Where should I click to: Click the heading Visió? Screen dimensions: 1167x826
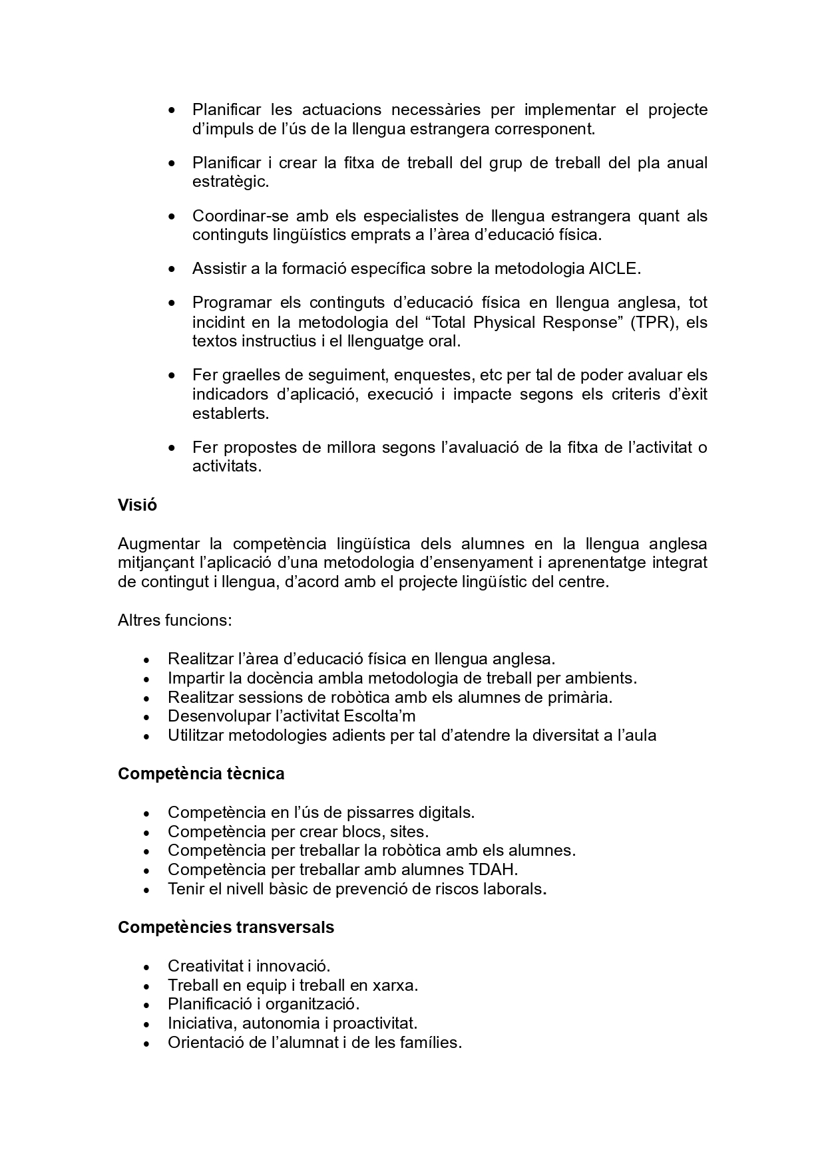(x=137, y=505)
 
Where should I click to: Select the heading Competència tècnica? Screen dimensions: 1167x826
(x=201, y=774)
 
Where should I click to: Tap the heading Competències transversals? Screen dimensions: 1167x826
(x=226, y=927)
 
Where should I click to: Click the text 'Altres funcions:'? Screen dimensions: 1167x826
(x=175, y=620)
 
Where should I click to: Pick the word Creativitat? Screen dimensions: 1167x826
(x=200, y=966)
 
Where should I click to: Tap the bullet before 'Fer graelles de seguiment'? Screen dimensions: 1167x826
(x=172, y=376)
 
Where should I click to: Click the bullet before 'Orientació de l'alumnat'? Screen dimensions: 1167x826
(x=147, y=1043)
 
